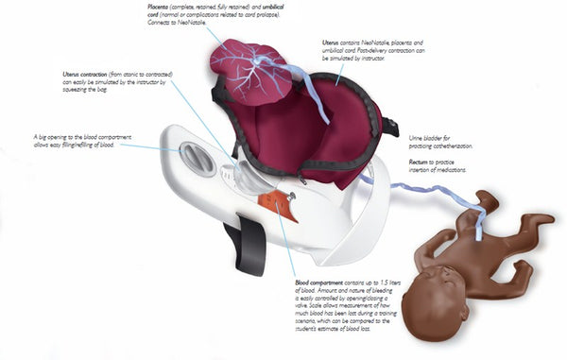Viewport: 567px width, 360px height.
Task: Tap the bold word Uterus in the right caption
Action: click(x=331, y=43)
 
